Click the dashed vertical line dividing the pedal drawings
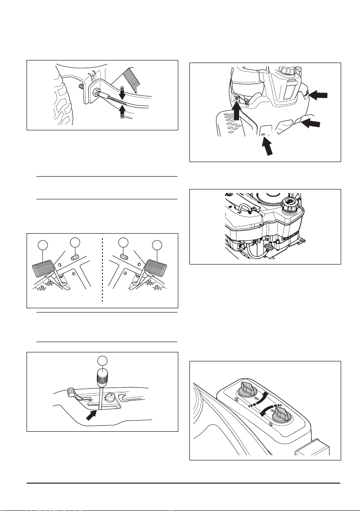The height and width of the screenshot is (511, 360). tap(103, 270)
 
